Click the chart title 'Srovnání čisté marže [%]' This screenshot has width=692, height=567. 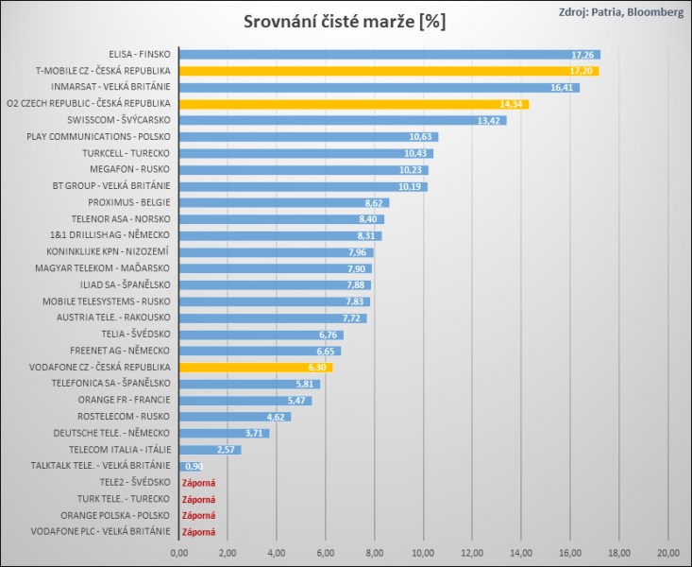point(345,21)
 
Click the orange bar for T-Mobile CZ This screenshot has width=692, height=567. point(388,71)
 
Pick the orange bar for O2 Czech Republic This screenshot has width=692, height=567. point(353,104)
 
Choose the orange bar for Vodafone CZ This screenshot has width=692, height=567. point(255,367)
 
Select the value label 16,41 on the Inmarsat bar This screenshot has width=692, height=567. point(563,88)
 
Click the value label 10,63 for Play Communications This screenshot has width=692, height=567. point(421,137)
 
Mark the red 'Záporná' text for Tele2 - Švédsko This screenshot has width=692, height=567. point(198,483)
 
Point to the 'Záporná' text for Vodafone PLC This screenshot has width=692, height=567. point(198,532)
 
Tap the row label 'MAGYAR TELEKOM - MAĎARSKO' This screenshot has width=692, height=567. point(111,268)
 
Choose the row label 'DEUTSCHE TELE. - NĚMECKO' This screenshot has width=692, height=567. point(113,433)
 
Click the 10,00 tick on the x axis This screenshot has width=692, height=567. point(423,551)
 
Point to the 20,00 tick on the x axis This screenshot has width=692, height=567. point(667,551)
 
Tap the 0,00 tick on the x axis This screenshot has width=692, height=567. point(178,551)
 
